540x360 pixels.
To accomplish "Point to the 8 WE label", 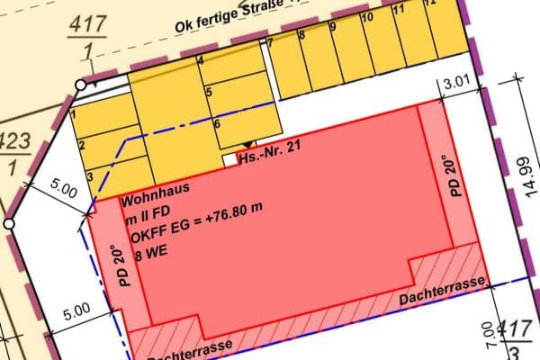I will tap(151, 255).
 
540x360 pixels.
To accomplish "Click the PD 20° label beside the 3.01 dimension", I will tap(454, 175).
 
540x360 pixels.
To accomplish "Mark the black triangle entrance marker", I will tap(247, 145).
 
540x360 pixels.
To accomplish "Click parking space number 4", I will tap(200, 61).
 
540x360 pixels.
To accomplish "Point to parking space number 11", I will tap(397, 13).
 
